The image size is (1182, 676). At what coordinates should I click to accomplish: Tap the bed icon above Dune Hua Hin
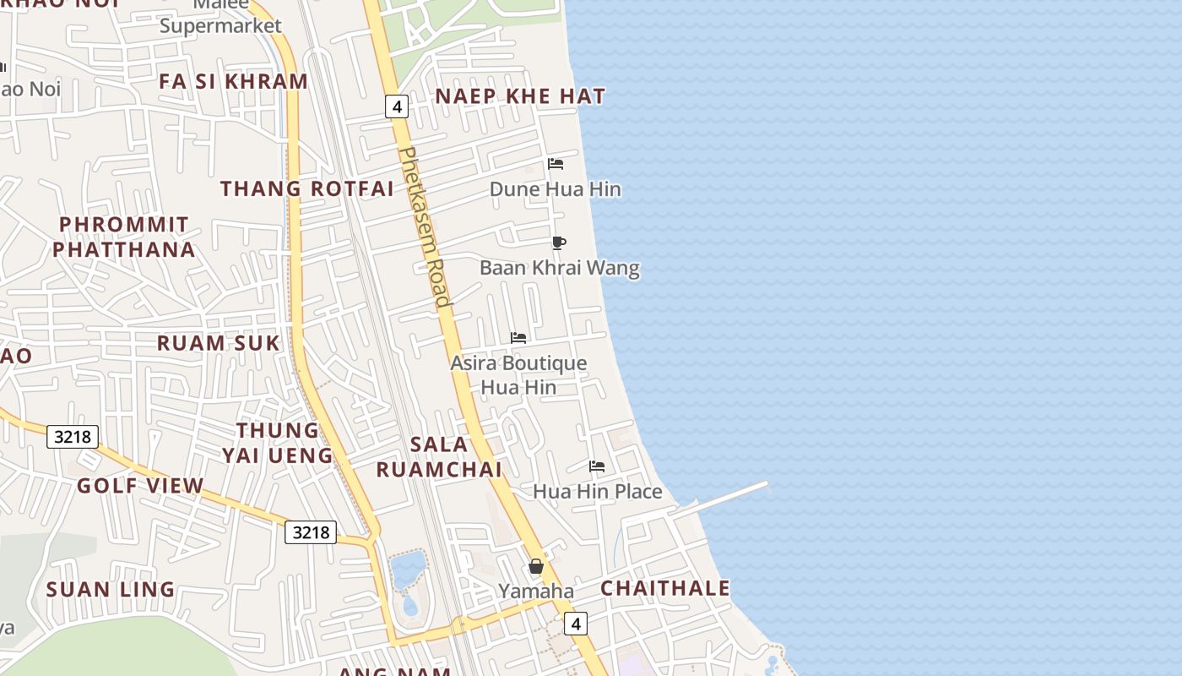point(556,164)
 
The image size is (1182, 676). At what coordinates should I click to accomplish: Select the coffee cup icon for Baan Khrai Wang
point(558,243)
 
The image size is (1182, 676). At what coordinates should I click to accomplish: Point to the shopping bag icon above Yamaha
point(536,566)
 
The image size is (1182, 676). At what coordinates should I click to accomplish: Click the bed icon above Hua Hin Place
point(597,466)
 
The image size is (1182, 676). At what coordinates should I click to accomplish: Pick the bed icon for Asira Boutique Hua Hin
point(518,338)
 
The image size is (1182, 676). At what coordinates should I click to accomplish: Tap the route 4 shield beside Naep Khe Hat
point(397,106)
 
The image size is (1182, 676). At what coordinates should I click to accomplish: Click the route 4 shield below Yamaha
point(576,624)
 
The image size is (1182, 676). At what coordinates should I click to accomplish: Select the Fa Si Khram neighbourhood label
point(234,82)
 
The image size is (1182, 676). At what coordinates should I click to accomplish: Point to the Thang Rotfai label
point(307,188)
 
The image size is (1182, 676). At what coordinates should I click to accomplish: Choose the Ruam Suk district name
point(219,343)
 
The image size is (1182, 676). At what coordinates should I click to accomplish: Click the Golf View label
point(140,486)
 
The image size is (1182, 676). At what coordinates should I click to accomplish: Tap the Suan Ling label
point(111,590)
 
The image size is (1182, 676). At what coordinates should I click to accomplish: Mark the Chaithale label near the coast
point(665,588)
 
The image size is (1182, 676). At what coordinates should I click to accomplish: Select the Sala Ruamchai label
point(439,456)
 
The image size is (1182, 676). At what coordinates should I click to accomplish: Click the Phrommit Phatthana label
point(124,237)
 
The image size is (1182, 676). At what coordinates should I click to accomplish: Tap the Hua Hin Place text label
point(597,491)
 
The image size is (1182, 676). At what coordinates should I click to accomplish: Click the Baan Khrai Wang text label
point(560,269)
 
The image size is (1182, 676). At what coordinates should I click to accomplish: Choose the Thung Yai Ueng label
point(277,443)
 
